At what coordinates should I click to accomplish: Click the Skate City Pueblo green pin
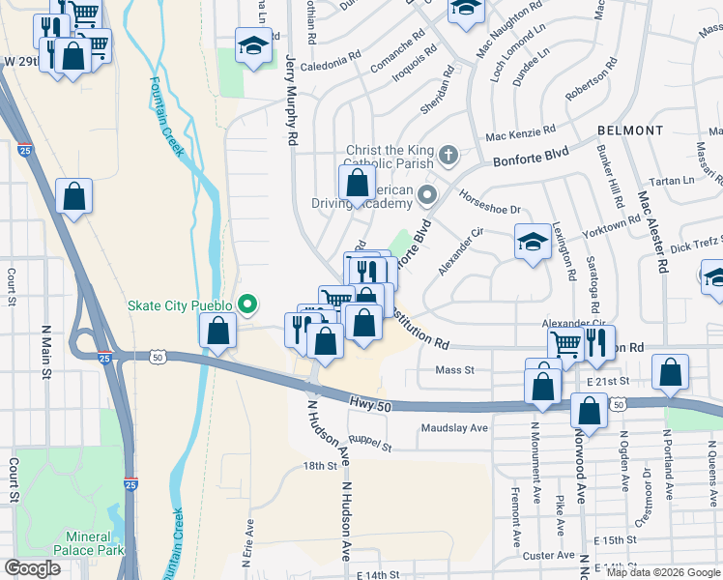(247, 306)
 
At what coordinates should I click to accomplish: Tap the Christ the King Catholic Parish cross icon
(448, 155)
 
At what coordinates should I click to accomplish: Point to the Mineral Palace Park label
(96, 543)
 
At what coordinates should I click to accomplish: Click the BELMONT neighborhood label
(630, 130)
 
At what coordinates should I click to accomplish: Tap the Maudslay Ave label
(454, 427)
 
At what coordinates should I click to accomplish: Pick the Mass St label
(454, 369)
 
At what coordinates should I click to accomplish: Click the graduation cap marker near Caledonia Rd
(254, 46)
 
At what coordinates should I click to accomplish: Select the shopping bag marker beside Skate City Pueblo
(219, 331)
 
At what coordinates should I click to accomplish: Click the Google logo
(32, 568)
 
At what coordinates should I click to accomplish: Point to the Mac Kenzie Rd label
(520, 132)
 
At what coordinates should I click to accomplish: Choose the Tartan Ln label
(673, 181)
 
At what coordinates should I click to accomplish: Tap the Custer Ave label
(548, 556)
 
